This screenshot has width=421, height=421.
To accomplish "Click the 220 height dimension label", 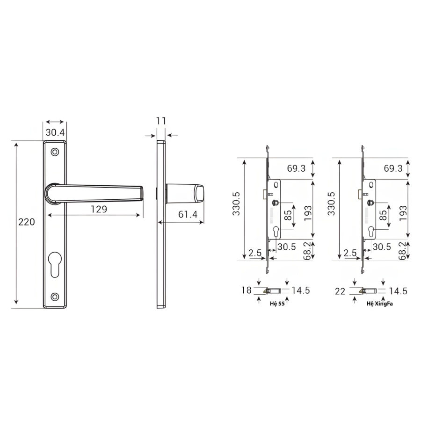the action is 27,222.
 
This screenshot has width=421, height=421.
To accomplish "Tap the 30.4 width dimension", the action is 55,132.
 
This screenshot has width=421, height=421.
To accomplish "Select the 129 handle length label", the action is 99,209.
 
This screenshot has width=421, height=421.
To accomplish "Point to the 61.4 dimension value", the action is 188,214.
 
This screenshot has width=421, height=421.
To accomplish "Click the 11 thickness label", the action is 161,121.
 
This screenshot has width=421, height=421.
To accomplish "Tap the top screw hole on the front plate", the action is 55,152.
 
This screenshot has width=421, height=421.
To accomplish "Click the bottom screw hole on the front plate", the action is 55,297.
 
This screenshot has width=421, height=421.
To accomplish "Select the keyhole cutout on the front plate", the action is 55,264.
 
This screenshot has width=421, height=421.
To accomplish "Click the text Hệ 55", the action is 277,304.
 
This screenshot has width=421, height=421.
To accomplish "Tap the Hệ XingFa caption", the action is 380,304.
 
